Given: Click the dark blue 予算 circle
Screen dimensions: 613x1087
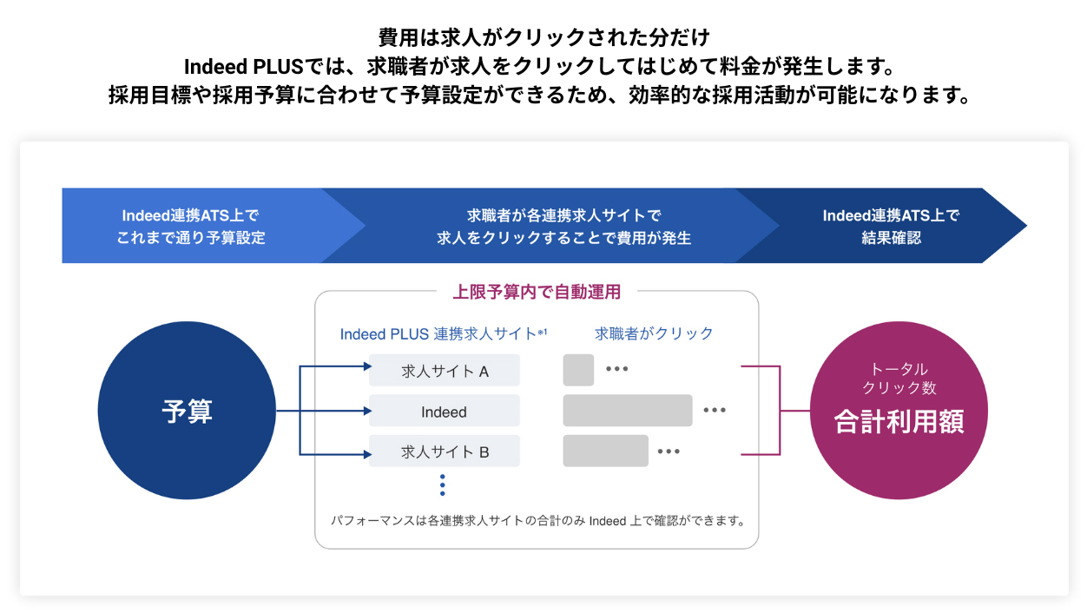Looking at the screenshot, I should coord(187,411).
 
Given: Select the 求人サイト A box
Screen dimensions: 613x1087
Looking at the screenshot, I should coord(445,371).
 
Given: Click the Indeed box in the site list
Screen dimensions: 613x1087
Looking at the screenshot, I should coord(445,412).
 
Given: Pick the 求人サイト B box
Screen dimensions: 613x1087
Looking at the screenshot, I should coord(445,452).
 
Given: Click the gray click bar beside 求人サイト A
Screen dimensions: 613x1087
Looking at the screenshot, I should coord(578,370).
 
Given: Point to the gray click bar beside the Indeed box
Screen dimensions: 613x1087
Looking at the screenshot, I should coord(627,411).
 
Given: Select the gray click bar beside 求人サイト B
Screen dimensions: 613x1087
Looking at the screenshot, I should coord(605,451).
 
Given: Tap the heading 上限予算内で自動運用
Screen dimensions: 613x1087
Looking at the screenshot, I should coord(537,292).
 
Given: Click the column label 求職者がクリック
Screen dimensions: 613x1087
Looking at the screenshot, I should coord(654,333).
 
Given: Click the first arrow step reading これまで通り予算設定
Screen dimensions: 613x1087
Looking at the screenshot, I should coord(191,226).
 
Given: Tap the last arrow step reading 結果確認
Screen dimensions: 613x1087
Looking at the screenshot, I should coord(891,226).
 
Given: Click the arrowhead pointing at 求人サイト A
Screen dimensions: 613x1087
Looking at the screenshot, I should coord(366,367).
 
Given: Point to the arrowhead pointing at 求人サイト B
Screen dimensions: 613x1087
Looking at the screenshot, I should coord(366,452).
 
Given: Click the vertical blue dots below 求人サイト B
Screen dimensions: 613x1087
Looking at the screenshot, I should coord(442,485).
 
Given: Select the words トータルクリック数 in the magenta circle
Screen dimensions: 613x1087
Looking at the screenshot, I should coord(899,379).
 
